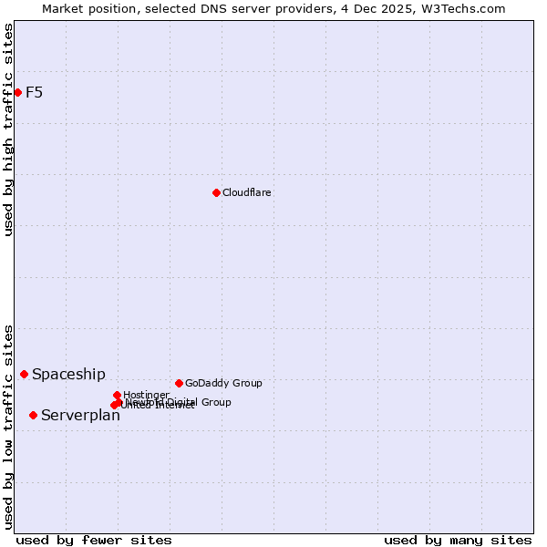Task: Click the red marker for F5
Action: tap(17, 92)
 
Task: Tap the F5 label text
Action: tap(35, 92)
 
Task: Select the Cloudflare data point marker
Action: tap(216, 192)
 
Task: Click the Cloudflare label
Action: tap(247, 192)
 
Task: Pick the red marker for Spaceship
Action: tap(25, 374)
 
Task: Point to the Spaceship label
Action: tap(68, 374)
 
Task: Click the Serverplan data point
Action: tap(33, 415)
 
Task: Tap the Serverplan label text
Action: tap(80, 416)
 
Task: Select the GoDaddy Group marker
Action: tap(179, 383)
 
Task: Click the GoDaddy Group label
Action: tap(223, 383)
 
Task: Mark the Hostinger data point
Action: tap(117, 395)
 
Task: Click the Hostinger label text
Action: tap(147, 395)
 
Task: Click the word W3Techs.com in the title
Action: tap(462, 8)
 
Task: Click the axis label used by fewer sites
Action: tap(94, 540)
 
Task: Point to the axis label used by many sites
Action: tap(458, 540)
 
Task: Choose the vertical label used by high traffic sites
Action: tap(8, 129)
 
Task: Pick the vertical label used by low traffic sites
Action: tap(8, 426)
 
